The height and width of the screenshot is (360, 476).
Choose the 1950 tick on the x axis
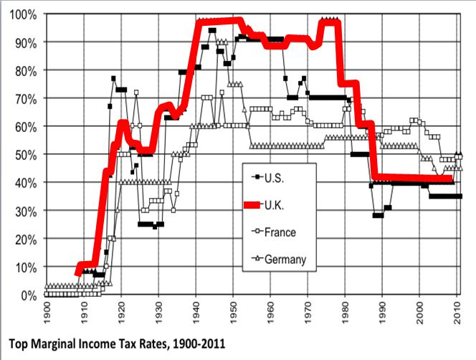[x=234, y=313]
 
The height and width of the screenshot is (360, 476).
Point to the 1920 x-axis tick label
[x=122, y=313]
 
